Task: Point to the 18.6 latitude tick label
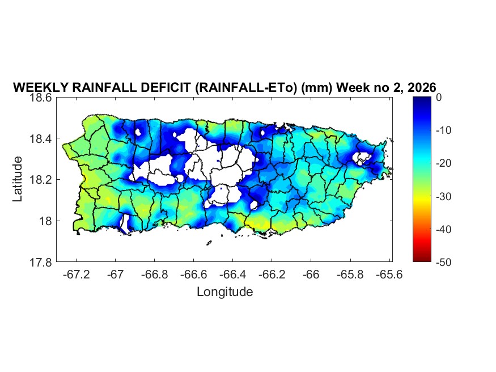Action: pyautogui.click(x=40, y=98)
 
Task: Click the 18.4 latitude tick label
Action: pyautogui.click(x=40, y=139)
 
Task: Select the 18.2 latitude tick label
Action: pyautogui.click(x=40, y=180)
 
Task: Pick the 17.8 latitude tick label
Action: pyautogui.click(x=40, y=262)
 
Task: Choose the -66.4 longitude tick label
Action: pyautogui.click(x=232, y=274)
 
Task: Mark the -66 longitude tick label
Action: pyautogui.click(x=311, y=274)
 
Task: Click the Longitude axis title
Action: pyautogui.click(x=224, y=292)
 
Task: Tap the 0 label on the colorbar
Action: pyautogui.click(x=439, y=98)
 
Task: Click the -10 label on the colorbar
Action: pyautogui.click(x=443, y=130)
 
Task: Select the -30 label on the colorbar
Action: pyautogui.click(x=443, y=196)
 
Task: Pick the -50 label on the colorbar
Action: pyautogui.click(x=443, y=262)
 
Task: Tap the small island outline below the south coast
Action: pyautogui.click(x=209, y=243)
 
